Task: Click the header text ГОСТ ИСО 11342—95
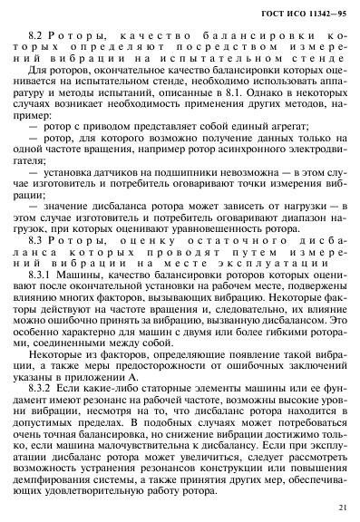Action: (x=303, y=11)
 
